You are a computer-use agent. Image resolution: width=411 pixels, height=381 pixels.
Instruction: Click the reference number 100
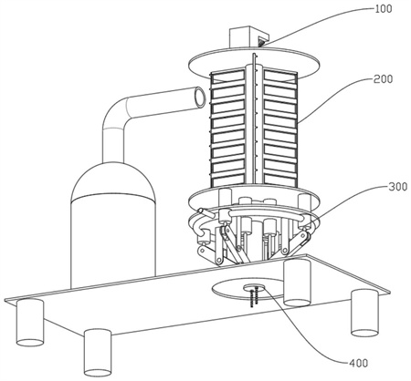point(384,9)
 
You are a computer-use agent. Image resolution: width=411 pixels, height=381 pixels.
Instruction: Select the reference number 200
point(383,79)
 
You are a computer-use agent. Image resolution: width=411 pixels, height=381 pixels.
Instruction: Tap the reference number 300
point(397,186)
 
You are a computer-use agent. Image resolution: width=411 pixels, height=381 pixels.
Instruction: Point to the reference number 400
point(358,363)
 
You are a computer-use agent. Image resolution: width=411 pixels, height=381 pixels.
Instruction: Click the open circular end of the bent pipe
point(200,97)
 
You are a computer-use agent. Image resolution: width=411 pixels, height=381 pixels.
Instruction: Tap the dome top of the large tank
point(112,180)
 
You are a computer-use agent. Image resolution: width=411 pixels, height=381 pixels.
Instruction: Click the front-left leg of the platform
point(98,353)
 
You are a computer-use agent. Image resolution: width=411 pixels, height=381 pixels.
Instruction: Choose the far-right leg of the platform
point(364,313)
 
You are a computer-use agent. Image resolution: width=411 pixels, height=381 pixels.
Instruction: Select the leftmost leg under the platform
point(30,323)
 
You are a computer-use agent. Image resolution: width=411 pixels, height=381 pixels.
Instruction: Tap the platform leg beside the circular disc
point(297,283)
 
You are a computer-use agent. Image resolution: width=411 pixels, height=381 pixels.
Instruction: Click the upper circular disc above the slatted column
point(254,62)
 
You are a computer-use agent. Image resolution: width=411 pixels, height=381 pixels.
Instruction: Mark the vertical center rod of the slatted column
point(254,121)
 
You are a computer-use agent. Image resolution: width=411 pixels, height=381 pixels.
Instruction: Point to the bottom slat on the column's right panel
point(280,180)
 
